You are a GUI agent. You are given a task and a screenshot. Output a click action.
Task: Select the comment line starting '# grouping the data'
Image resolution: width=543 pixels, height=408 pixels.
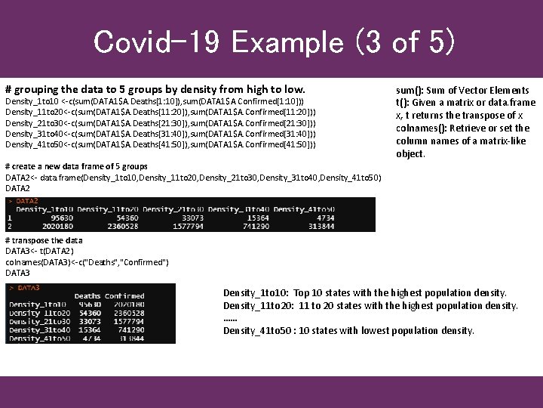pos(155,88)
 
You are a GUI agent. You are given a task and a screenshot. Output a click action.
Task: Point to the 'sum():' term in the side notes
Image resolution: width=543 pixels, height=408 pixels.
pos(410,91)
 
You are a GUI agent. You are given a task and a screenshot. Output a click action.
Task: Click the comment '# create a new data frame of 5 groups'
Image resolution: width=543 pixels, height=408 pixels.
pos(76,166)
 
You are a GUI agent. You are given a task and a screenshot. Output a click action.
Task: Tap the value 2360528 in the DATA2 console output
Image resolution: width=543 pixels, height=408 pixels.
pos(122,225)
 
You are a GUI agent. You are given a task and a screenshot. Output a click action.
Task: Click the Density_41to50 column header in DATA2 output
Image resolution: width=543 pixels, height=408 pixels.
pos(304,209)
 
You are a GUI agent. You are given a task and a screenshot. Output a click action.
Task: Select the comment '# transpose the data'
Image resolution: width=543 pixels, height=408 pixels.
pos(44,240)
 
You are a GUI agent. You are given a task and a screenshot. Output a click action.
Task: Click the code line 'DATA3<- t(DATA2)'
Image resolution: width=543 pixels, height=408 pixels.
pos(39,251)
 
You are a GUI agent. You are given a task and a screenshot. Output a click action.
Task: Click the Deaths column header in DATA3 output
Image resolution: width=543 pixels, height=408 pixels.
pos(87,296)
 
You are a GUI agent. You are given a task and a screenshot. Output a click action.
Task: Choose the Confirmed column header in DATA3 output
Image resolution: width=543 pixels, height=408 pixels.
pos(124,296)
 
